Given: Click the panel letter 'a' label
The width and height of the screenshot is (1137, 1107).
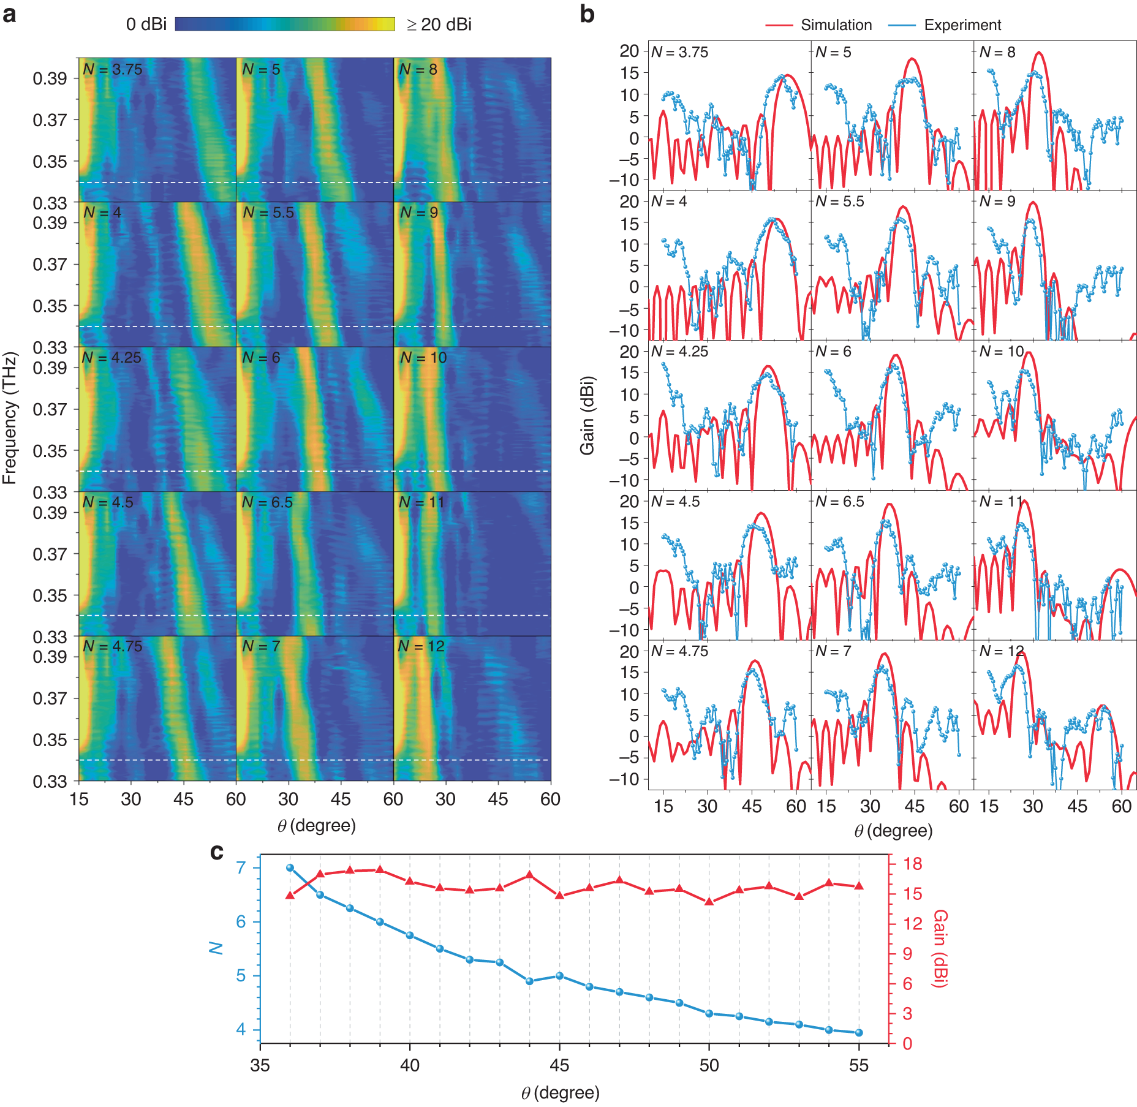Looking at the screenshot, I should (9, 13).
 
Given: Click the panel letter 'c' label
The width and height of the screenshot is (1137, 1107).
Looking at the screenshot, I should (216, 852).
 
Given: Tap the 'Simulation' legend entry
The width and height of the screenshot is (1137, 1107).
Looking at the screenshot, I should (836, 25).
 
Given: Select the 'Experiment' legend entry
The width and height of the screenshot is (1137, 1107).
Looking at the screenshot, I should (962, 25).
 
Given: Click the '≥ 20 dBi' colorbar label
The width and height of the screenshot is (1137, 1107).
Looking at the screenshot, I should (439, 25).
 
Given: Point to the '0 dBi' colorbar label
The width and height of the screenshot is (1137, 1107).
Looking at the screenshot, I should (146, 25).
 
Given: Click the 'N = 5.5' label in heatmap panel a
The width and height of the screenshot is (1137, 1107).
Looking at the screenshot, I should (268, 213).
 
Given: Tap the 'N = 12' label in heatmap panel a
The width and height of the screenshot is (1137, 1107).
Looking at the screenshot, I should (421, 646).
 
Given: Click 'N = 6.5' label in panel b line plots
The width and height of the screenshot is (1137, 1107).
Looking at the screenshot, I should (839, 502).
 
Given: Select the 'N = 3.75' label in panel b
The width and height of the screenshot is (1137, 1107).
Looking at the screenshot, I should (679, 53).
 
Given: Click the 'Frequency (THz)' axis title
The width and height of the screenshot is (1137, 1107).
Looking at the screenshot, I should (9, 418).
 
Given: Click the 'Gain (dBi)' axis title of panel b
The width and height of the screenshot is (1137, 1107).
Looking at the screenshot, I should (587, 415).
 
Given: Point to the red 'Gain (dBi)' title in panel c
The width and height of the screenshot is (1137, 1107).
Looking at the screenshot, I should (940, 948).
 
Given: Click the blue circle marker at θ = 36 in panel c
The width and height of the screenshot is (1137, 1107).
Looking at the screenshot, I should (290, 867).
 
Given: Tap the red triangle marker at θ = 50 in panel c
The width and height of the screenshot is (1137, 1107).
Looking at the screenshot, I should (709, 901).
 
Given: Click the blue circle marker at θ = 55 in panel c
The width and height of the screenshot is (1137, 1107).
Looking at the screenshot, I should (859, 1032).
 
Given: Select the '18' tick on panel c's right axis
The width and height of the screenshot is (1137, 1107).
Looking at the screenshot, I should (912, 864).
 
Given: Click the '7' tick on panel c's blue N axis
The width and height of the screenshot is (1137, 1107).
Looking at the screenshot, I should (241, 867).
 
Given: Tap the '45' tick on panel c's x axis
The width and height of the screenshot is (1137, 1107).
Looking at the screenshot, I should (559, 1065).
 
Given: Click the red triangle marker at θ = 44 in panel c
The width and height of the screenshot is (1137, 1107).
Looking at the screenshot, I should (529, 875).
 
